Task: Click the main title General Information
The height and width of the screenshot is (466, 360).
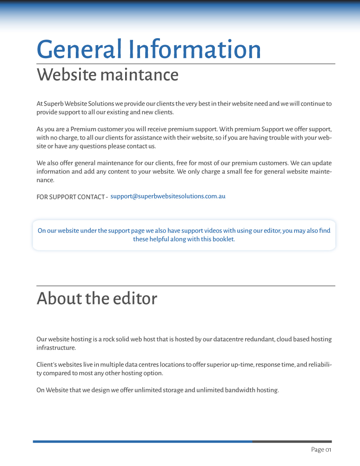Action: click(x=149, y=49)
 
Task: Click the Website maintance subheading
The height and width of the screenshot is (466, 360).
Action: click(x=107, y=74)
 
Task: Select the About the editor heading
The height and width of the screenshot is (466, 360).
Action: click(x=97, y=298)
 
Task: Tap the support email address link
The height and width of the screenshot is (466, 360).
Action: click(x=168, y=196)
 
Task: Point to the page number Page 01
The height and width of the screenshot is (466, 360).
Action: click(x=321, y=450)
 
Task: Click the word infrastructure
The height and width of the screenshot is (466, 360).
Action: click(x=56, y=348)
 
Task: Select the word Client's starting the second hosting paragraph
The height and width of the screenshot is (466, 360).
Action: click(x=46, y=365)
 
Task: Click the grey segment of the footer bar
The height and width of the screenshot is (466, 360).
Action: click(x=292, y=441)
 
